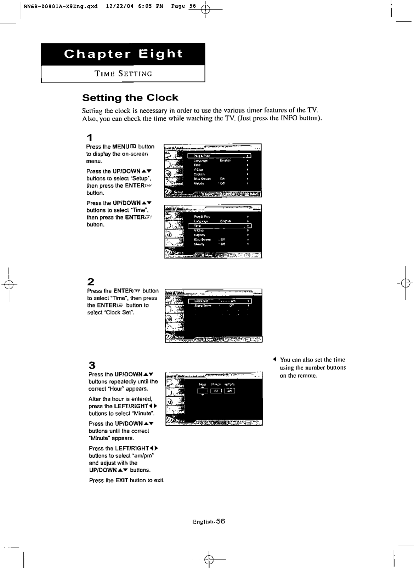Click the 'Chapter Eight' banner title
123,54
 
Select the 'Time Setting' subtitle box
123,74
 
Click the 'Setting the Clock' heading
130,98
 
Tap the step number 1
90,137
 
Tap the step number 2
91,282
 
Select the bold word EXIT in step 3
122,481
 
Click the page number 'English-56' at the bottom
208,521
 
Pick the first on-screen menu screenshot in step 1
213,170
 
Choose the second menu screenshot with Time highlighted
213,232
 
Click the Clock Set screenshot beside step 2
214,316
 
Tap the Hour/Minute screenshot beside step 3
214,399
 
